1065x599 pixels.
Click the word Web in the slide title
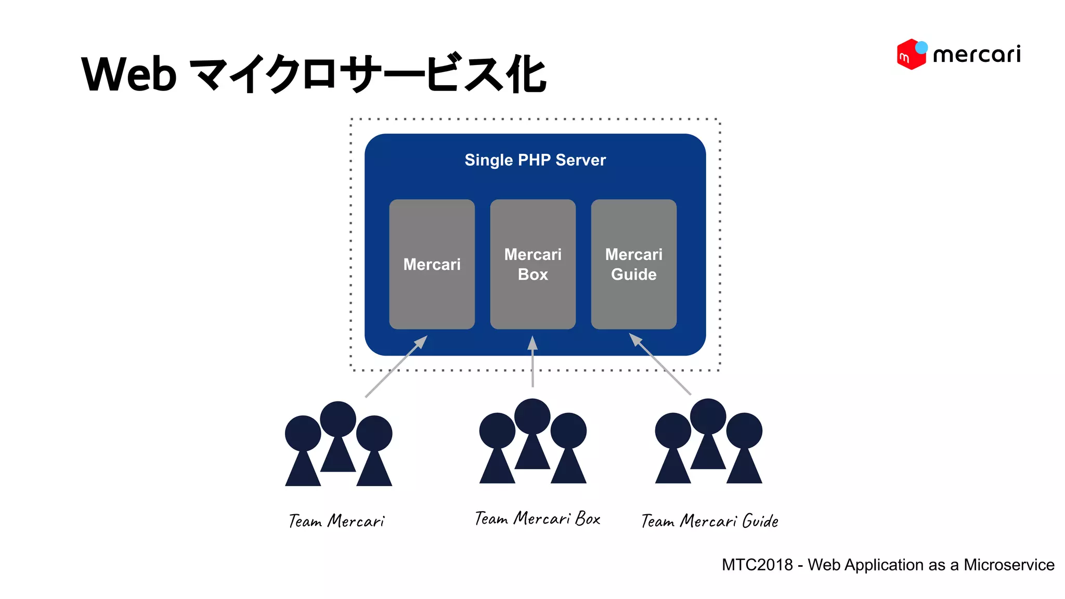tap(129, 74)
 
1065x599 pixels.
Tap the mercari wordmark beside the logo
tap(977, 55)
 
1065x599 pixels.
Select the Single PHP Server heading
tap(535, 160)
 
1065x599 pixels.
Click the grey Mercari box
tap(432, 291)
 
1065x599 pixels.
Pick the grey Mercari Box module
tap(532, 302)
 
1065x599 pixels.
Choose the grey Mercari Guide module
tap(633, 302)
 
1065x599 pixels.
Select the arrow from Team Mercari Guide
tap(660, 364)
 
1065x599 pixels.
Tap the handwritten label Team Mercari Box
tap(537, 518)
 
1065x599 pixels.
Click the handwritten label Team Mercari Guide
tap(709, 520)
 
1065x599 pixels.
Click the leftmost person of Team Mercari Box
tap(497, 447)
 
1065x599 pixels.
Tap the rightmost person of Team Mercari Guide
tap(744, 447)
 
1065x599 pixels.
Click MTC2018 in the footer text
tap(757, 565)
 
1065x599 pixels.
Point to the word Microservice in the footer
tap(1009, 565)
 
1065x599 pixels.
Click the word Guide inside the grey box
tap(633, 275)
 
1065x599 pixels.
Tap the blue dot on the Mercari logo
tap(921, 47)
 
